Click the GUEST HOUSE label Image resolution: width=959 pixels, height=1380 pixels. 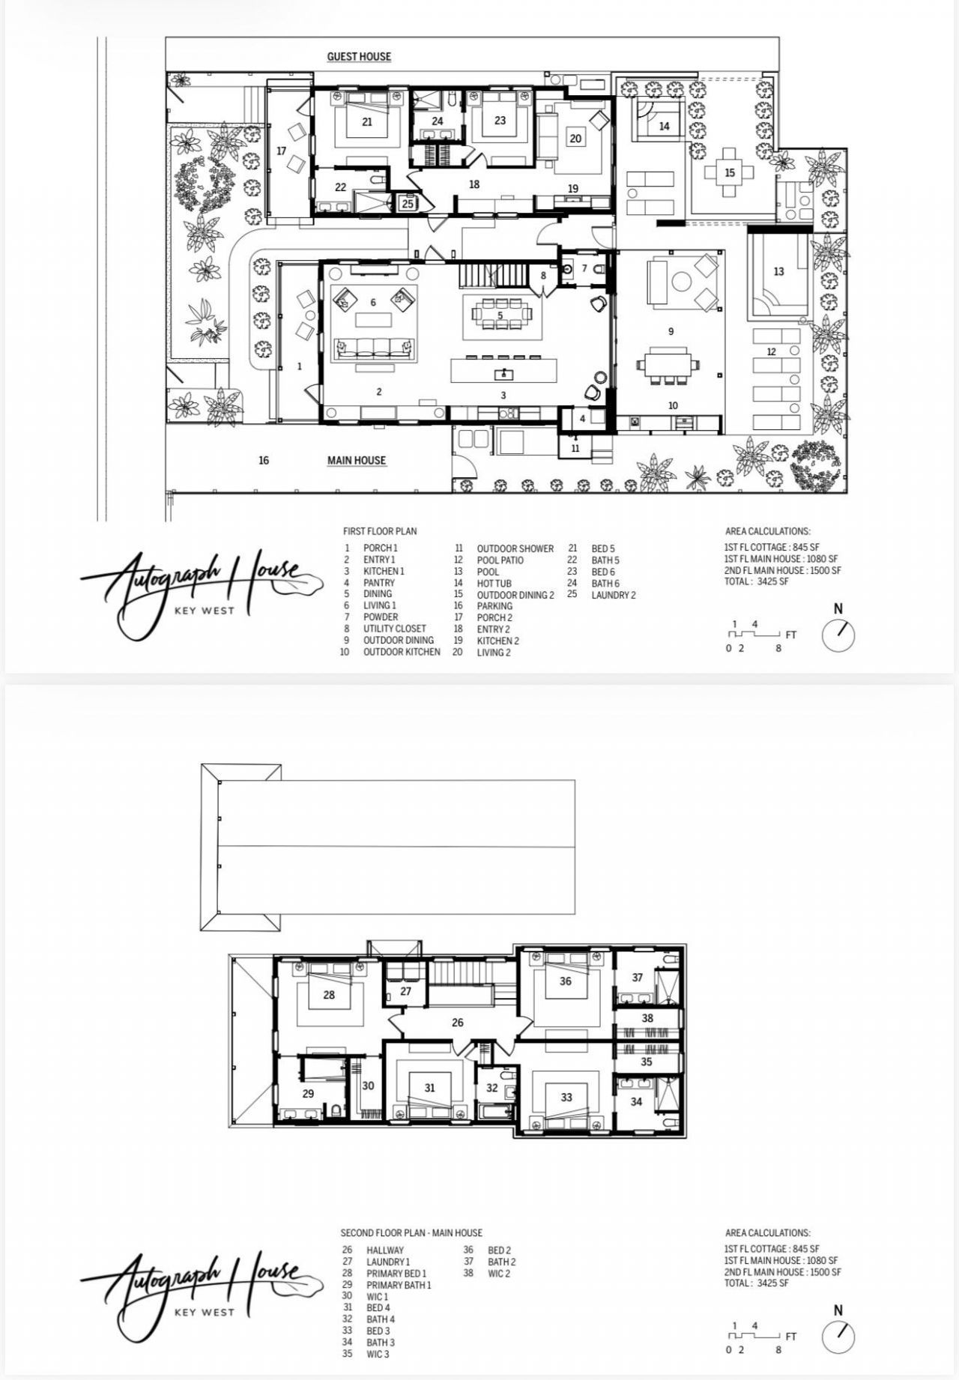pos(359,56)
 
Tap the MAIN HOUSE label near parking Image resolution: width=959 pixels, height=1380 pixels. pos(357,460)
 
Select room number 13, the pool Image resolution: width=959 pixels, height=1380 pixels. pos(778,272)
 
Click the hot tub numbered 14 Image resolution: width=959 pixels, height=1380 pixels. pos(664,127)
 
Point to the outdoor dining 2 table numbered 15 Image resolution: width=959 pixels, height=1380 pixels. pos(730,172)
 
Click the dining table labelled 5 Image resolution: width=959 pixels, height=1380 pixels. pos(500,315)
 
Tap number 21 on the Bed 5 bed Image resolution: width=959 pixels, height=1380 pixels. pos(367,121)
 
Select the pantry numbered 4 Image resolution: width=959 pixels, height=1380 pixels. pos(582,419)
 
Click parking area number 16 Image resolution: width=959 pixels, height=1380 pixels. pos(264,460)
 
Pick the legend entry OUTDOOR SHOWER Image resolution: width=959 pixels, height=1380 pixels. pos(515,548)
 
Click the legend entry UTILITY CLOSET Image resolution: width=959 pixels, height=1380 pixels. pos(395,629)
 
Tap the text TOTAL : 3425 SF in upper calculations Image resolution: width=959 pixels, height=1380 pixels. pos(757,581)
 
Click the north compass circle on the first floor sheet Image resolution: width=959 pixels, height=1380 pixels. pos(838,635)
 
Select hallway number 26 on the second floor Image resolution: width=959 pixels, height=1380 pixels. pos(458,1022)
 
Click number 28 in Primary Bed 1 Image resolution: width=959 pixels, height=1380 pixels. pos(329,995)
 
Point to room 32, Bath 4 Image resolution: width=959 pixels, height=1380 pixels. pos(492,1089)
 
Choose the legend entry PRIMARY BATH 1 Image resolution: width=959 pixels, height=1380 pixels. pos(399,1285)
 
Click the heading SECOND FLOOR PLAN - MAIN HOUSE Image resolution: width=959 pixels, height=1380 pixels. pos(411,1232)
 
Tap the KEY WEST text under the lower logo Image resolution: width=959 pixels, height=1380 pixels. pos(204,1312)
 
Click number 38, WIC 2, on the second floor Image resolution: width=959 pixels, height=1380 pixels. pos(648,1018)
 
